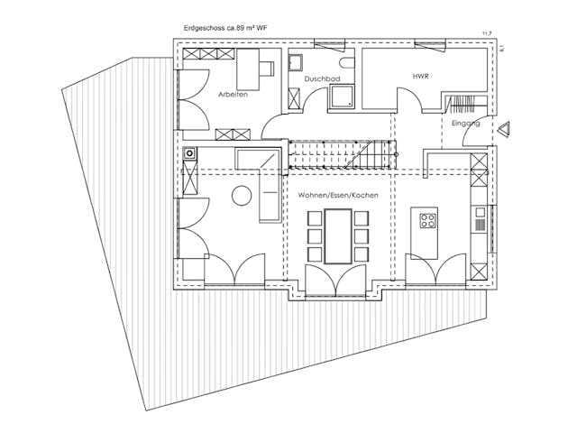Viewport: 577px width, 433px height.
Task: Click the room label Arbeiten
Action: click(234, 94)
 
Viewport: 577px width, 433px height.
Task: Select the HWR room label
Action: click(420, 76)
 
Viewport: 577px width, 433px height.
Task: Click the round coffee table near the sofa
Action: click(241, 195)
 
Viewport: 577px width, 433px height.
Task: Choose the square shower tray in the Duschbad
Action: click(343, 97)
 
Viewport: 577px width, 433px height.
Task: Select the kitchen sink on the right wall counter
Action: click(481, 219)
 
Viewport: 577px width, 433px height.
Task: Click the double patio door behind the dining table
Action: click(336, 280)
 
